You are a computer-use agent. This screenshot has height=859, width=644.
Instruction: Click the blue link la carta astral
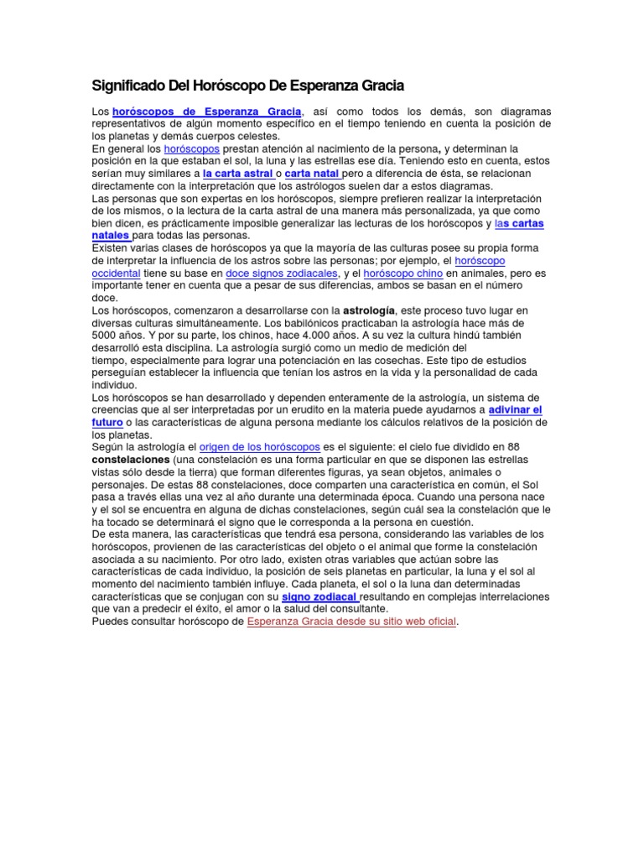click(238, 174)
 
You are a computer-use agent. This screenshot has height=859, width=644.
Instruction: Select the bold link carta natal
click(312, 174)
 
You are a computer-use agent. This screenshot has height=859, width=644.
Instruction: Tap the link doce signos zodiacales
click(283, 273)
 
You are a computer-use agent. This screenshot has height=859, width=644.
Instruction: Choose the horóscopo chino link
click(406, 273)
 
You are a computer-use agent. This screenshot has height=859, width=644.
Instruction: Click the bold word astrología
click(376, 310)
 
